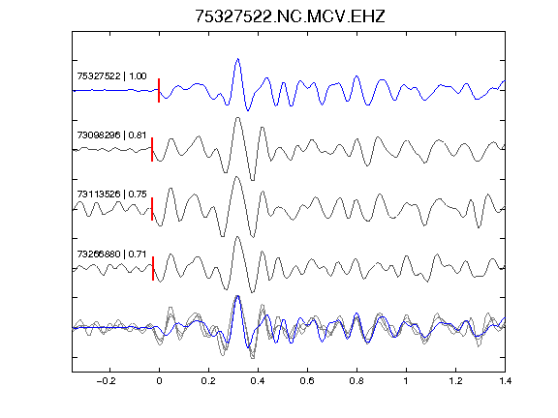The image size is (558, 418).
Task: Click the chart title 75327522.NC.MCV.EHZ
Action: pyautogui.click(x=290, y=16)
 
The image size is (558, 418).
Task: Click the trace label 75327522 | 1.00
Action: pyautogui.click(x=111, y=76)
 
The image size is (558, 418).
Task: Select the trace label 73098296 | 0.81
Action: pyautogui.click(x=111, y=135)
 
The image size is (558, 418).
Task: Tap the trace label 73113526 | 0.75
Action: pyautogui.click(x=111, y=194)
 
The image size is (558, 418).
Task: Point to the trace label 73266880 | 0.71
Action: pyautogui.click(x=111, y=254)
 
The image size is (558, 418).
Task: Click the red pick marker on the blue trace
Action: pyautogui.click(x=159, y=90)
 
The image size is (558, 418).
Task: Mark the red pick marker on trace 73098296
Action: pyautogui.click(x=152, y=150)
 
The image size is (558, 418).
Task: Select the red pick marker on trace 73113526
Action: pyautogui.click(x=152, y=209)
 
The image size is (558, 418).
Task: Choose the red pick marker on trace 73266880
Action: pyautogui.click(x=153, y=268)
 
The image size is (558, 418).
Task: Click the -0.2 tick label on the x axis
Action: pyautogui.click(x=107, y=381)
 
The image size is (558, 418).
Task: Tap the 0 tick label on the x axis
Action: pyautogui.click(x=159, y=381)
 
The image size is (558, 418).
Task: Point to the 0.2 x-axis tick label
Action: pyautogui.click(x=208, y=381)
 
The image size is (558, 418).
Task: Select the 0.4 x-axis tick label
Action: pyautogui.click(x=258, y=381)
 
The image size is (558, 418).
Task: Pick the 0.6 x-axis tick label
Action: pyautogui.click(x=307, y=381)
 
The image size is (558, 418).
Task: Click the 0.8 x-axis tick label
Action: pyautogui.click(x=356, y=381)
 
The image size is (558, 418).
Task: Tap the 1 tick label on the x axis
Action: pyautogui.click(x=406, y=381)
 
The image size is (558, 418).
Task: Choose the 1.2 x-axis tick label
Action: pyautogui.click(x=455, y=381)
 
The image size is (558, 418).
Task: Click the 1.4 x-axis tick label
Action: pyautogui.click(x=505, y=381)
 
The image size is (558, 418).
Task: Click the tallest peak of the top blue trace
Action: pyautogui.click(x=237, y=59)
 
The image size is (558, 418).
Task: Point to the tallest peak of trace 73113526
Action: pyautogui.click(x=236, y=177)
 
